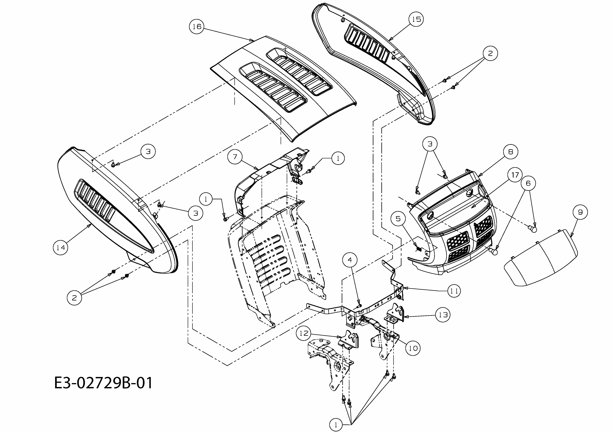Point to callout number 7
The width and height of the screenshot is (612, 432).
click(235, 157)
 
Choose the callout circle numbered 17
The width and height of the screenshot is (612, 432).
click(515, 175)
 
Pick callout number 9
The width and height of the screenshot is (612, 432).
click(580, 212)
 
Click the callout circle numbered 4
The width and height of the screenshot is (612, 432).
click(350, 260)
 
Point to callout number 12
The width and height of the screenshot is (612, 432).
click(304, 333)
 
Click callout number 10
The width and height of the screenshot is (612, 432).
click(413, 348)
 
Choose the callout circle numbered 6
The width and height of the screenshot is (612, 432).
click(528, 183)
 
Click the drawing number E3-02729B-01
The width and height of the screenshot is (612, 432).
click(103, 383)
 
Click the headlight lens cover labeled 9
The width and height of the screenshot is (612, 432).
click(541, 258)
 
